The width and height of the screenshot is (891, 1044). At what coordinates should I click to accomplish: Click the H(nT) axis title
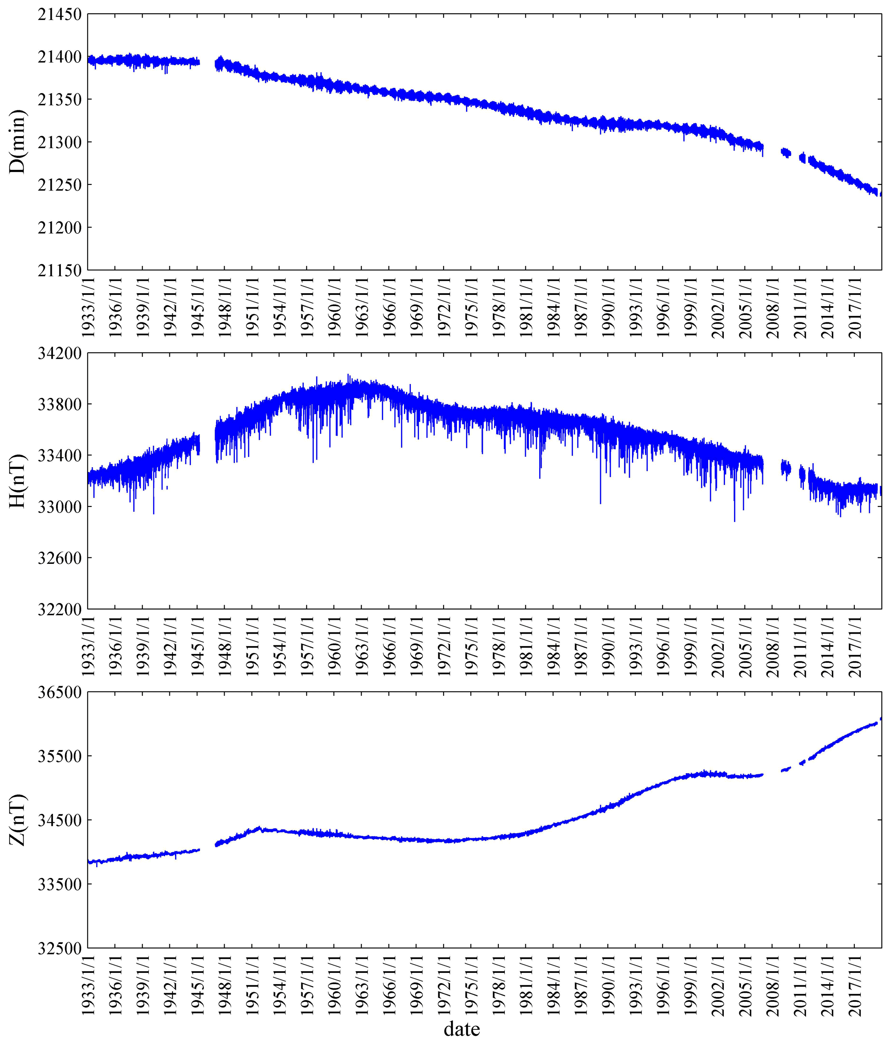pos(18,481)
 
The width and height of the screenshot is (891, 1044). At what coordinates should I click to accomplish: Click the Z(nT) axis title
pos(18,820)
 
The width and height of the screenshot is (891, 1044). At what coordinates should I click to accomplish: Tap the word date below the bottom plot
pos(462,1028)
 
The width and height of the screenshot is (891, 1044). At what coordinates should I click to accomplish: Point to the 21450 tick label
pos(59,15)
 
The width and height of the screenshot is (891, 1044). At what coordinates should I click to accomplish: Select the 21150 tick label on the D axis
pos(59,270)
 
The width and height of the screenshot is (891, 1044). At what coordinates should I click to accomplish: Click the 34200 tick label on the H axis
pos(59,353)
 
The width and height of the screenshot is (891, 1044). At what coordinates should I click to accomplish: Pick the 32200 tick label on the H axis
pos(59,609)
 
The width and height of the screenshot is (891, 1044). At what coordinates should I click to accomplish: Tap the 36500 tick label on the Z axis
pos(59,692)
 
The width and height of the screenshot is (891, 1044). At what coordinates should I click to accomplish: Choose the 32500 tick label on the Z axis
pos(59,948)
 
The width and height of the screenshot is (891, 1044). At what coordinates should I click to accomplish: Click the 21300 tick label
pos(59,143)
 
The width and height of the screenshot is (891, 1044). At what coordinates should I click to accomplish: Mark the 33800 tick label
pos(59,405)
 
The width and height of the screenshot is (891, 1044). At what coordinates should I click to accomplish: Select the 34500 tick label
pos(59,820)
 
